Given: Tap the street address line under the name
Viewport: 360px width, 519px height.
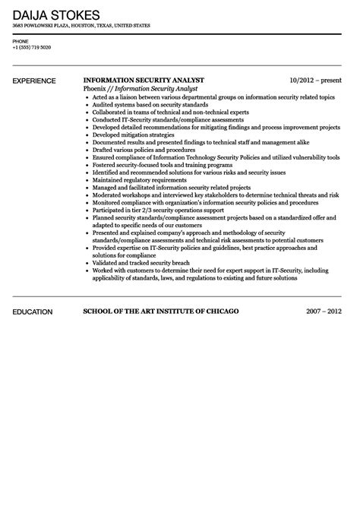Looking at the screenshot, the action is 81,27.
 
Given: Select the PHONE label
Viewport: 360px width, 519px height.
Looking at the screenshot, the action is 21,40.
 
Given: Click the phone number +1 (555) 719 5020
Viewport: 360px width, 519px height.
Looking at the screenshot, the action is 32,47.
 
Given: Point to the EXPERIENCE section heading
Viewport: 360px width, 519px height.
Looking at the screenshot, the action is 34,80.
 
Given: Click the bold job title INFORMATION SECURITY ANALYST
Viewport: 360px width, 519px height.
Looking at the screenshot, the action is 144,80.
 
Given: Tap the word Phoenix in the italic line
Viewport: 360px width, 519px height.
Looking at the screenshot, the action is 96,89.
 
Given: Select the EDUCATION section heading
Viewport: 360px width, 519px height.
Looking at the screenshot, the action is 32,312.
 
